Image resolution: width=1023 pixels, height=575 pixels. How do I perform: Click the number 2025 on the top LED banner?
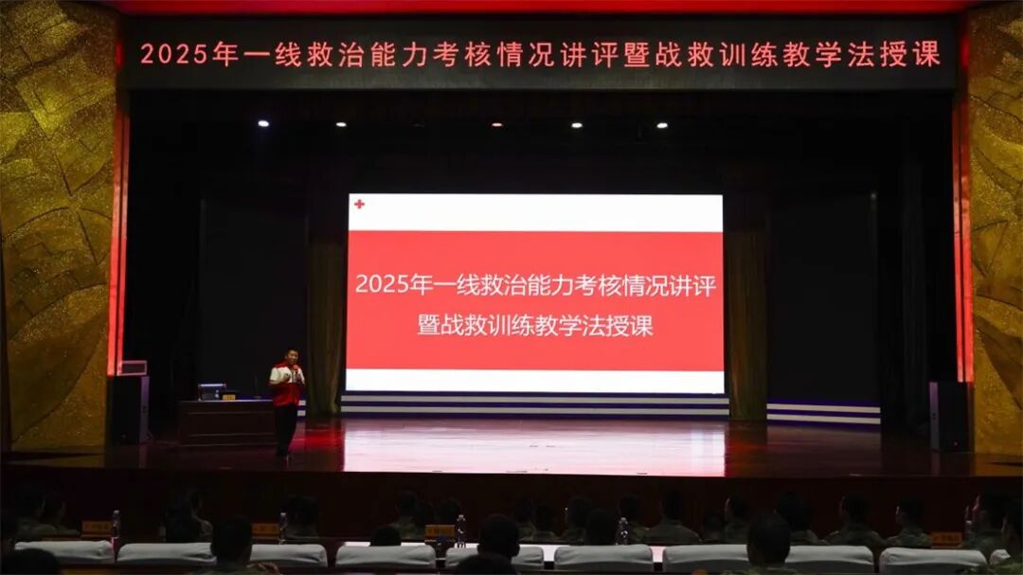point(174,54)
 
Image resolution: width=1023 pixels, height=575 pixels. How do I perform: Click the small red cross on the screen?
point(359,205)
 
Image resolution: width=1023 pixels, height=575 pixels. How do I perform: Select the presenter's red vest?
point(286,386)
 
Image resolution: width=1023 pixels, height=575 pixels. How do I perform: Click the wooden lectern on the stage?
point(227,422)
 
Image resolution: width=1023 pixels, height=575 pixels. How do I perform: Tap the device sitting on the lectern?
point(211,391)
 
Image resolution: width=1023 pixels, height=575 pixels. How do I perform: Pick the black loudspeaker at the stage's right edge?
point(948,417)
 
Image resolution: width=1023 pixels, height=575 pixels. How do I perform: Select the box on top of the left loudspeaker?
point(134,368)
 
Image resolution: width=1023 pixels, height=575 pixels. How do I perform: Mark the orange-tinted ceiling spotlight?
point(497,125)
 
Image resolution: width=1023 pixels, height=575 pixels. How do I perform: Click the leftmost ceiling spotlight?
point(263,123)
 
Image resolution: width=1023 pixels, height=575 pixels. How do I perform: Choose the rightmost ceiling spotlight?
point(661,125)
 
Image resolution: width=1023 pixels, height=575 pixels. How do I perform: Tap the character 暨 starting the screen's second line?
point(429,325)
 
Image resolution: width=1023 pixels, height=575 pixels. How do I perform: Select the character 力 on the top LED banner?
point(414,55)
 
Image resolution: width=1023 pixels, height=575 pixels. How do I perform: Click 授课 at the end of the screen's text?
point(630,326)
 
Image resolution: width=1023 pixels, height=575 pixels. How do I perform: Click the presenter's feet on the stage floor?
point(282,454)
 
